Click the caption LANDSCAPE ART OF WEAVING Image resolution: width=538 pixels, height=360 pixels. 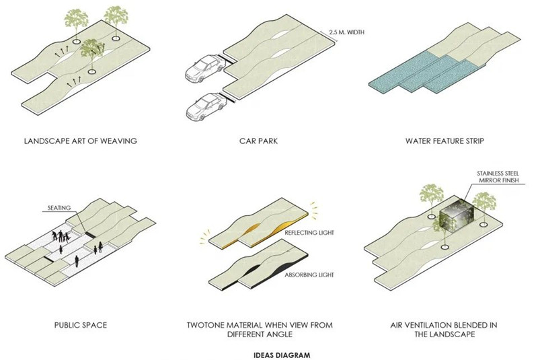(80, 141)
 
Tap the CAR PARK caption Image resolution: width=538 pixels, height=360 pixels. (258, 141)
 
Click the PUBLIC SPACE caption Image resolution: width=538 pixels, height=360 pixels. (80, 325)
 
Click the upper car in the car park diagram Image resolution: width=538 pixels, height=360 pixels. (202, 68)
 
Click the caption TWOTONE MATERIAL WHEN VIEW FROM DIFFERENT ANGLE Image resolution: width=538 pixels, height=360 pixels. (259, 330)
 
